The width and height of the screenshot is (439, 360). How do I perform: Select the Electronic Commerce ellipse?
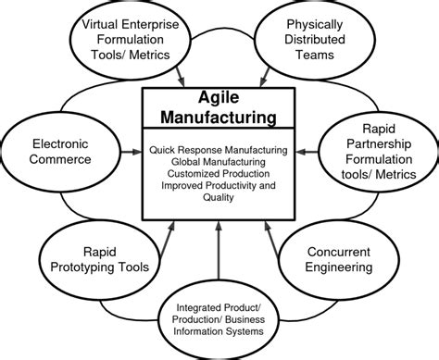pos(57,151)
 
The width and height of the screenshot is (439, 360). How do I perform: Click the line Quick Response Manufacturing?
pos(218,148)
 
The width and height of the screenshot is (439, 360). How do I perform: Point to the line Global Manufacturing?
pos(218,160)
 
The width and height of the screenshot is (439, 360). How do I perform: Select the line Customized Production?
pos(218,172)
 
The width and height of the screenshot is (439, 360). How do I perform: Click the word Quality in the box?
pos(218,195)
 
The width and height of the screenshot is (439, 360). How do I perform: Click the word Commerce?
pos(57,159)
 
